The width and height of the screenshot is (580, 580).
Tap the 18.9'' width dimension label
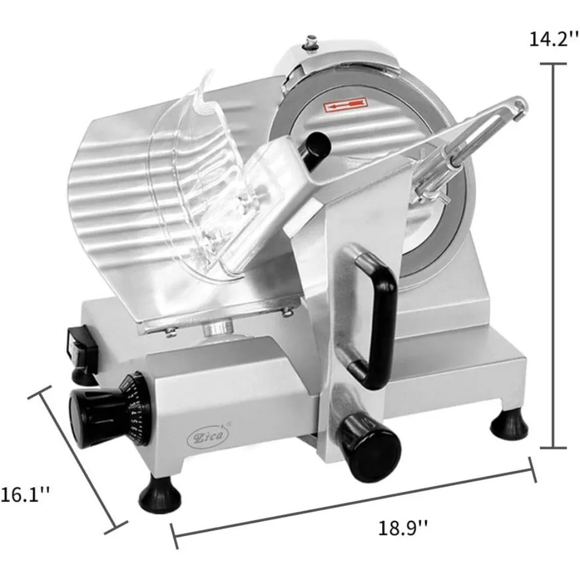(x=404, y=528)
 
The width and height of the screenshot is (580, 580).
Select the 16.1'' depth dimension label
(x=24, y=494)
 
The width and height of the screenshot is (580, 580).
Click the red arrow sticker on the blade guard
(x=344, y=105)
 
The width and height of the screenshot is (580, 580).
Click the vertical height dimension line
(x=551, y=255)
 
